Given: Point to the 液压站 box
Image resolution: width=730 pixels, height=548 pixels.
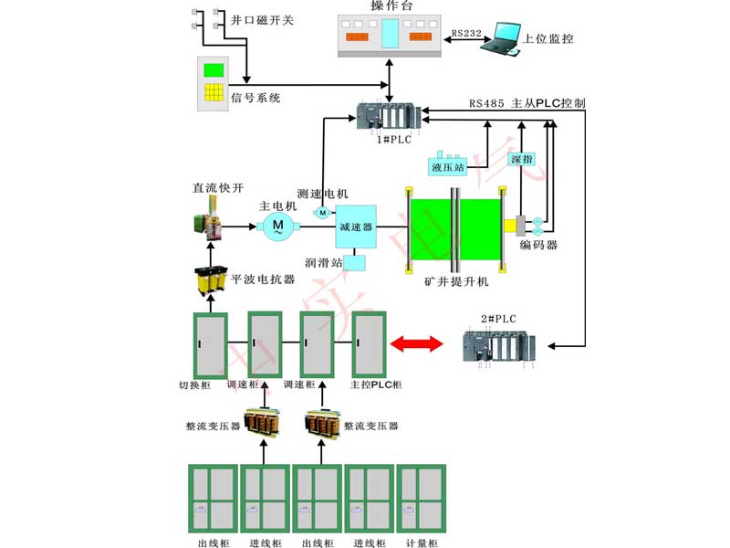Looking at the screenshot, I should pos(447,166).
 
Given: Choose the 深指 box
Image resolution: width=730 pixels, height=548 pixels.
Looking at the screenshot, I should pos(521,159).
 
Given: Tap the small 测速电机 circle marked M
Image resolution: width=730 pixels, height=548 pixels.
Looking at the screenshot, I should pos(321,213).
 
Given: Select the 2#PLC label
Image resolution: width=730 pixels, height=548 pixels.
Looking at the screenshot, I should pos(498,319).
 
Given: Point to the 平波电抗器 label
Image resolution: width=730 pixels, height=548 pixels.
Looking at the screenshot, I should pos(263,279).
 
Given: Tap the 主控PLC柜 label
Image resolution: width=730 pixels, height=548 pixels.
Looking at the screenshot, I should pos(377,386).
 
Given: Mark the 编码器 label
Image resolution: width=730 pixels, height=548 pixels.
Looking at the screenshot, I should pos(538,245).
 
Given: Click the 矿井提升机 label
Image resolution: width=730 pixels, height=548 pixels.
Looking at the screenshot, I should pos(456,280).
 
